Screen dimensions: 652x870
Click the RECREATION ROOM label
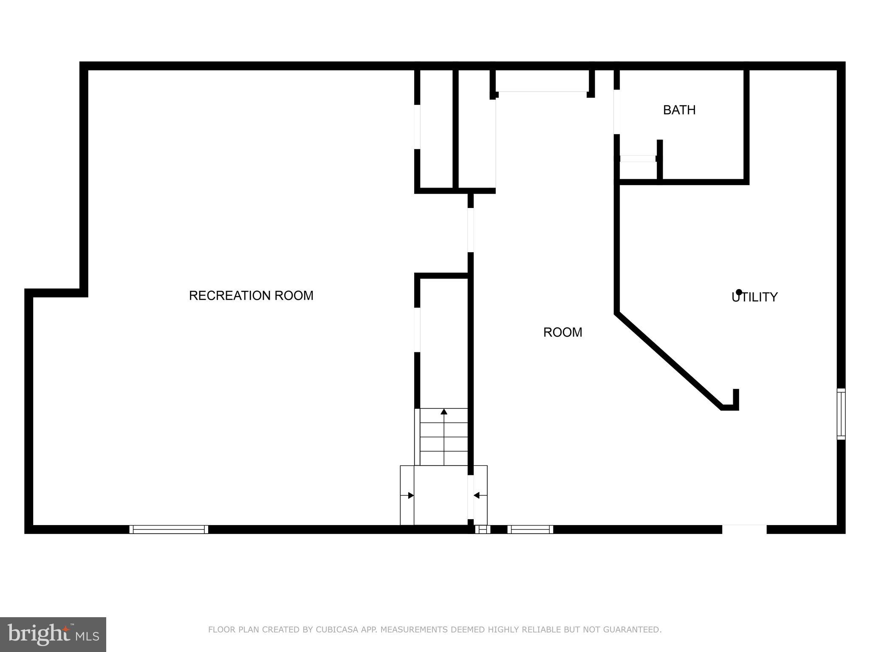coord(251,295)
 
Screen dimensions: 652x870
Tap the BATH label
coord(679,110)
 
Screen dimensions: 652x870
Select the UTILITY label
coord(754,297)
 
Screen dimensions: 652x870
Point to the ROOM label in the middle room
coord(562,332)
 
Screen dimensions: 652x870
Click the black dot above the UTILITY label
coord(739,292)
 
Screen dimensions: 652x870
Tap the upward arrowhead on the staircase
coord(444,411)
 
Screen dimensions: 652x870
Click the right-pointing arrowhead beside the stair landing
coord(411,495)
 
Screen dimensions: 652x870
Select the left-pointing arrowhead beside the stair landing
coord(477,495)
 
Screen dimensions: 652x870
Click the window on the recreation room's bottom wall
coord(169,529)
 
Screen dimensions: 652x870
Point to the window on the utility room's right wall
coord(841,414)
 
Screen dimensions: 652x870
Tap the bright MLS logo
coord(53,634)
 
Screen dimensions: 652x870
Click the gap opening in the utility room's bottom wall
coord(744,529)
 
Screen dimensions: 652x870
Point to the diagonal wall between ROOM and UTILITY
coord(669,361)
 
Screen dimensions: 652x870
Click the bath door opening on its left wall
coord(616,112)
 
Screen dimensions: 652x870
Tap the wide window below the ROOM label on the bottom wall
coord(530,529)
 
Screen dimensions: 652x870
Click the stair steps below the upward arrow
coord(444,444)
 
